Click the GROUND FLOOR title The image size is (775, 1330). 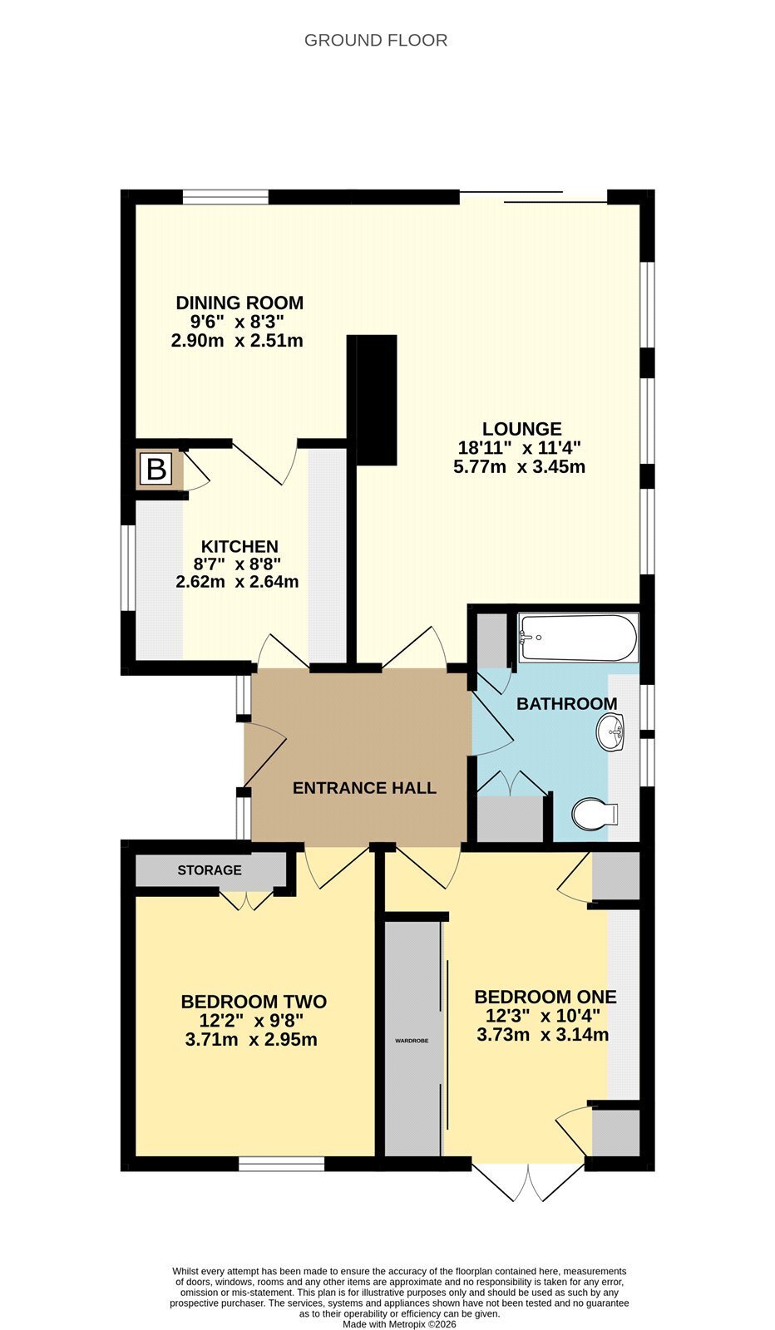coord(375,41)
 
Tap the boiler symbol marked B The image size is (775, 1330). coord(156,470)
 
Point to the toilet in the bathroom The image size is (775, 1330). coord(595,814)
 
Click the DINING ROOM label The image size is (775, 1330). coord(239,303)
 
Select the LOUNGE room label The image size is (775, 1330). coord(521,429)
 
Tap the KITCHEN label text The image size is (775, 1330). coord(239,546)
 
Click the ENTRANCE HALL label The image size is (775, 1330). coord(365,788)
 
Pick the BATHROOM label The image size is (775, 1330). coord(566,703)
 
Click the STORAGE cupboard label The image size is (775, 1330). coord(209,869)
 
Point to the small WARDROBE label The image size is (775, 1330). coord(412,1041)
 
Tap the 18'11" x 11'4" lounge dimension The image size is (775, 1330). coord(519,448)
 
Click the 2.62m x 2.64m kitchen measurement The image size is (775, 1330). coord(237,582)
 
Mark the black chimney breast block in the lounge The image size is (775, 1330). coord(372,400)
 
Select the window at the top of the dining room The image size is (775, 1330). coord(225,196)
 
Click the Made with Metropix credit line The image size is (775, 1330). coord(399,1324)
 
